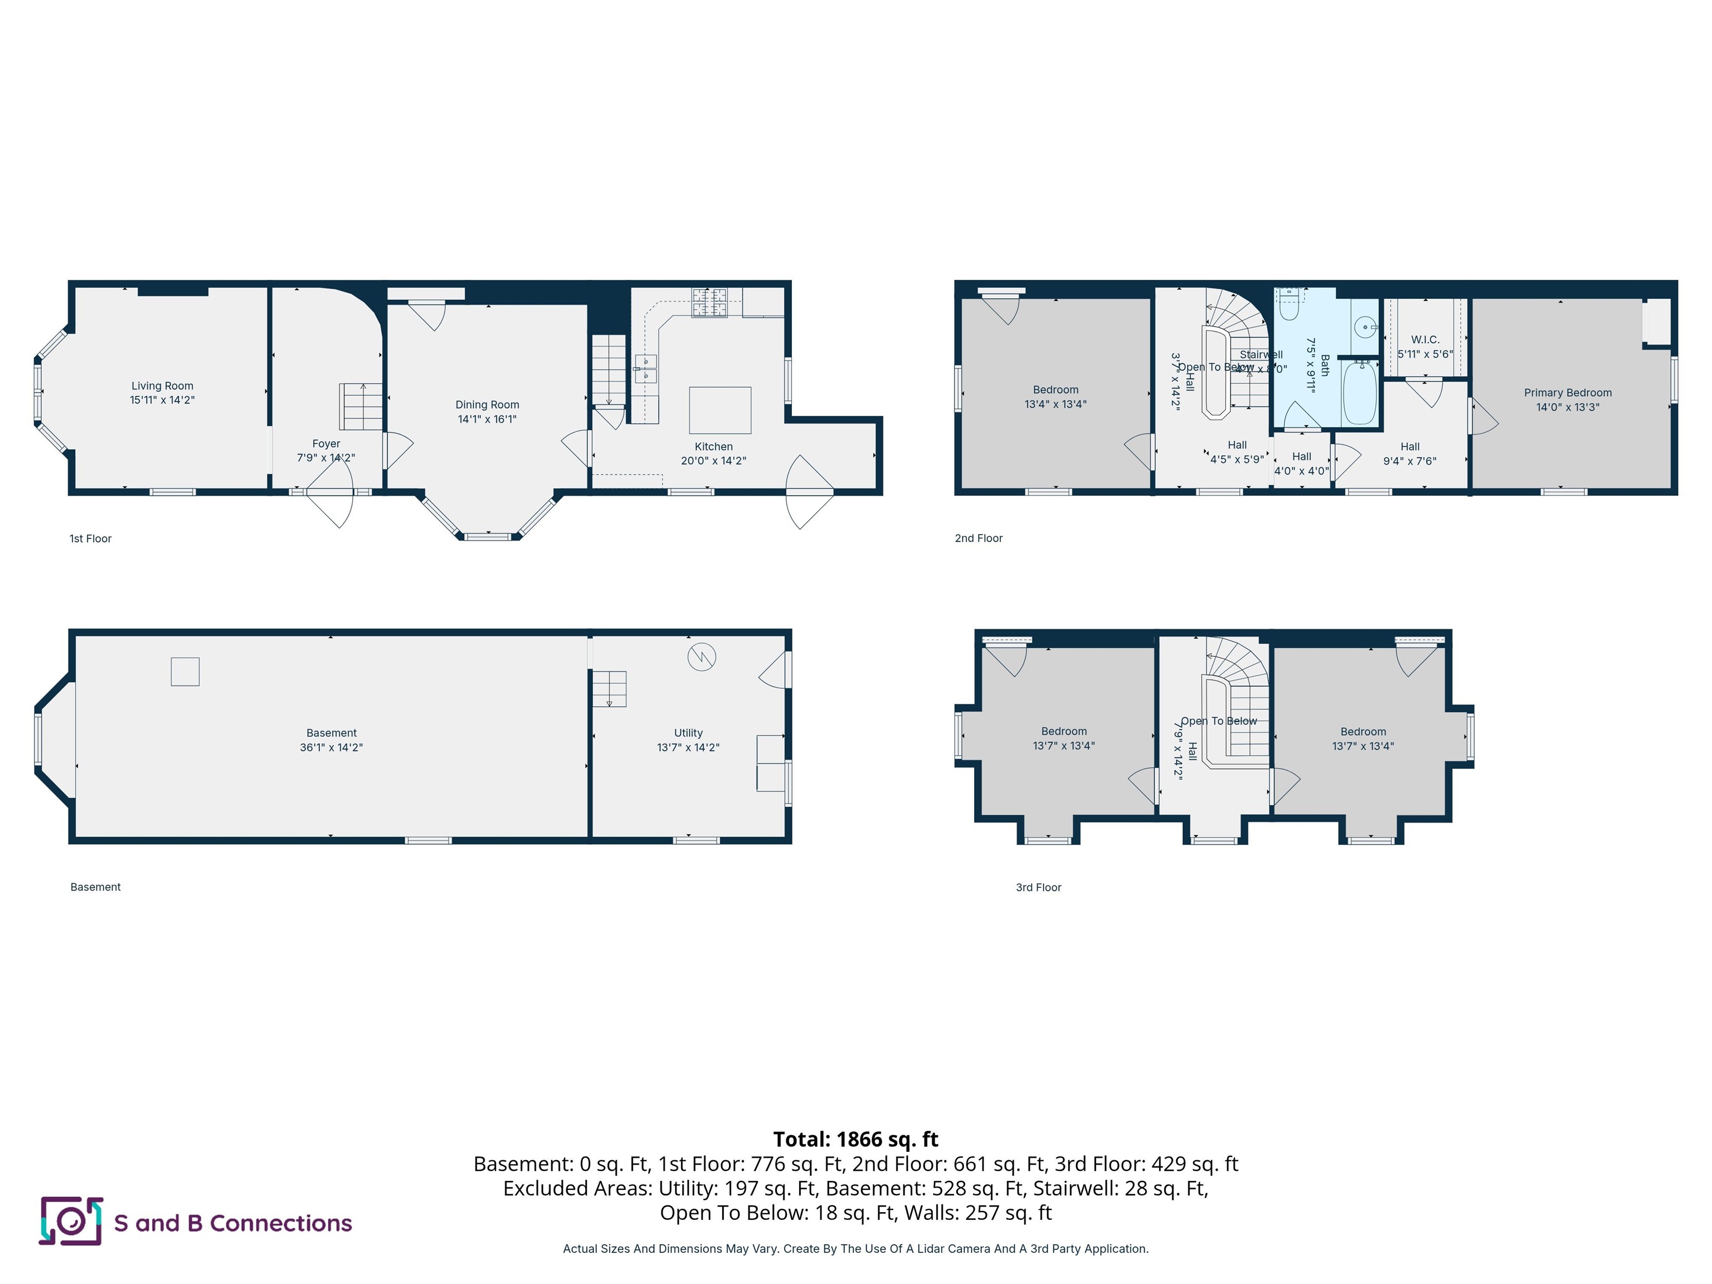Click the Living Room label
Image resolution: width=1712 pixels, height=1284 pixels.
click(162, 386)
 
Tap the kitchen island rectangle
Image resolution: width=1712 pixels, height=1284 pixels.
click(720, 410)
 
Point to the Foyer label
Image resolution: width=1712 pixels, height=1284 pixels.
click(326, 444)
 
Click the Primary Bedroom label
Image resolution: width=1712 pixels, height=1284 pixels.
click(1567, 392)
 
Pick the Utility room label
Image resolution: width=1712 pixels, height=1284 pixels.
click(688, 733)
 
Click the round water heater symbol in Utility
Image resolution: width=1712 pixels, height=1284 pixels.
click(701, 657)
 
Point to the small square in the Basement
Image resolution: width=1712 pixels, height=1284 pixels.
click(185, 671)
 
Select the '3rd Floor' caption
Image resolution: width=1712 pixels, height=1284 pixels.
click(1038, 887)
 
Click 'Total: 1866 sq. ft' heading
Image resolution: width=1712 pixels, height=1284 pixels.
click(855, 1139)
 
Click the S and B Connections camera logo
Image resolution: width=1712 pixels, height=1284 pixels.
click(71, 1220)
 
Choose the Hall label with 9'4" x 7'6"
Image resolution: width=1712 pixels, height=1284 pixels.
click(1409, 446)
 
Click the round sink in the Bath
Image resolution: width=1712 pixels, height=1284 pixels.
click(1365, 327)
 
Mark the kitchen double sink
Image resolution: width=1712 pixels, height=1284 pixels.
click(645, 368)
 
